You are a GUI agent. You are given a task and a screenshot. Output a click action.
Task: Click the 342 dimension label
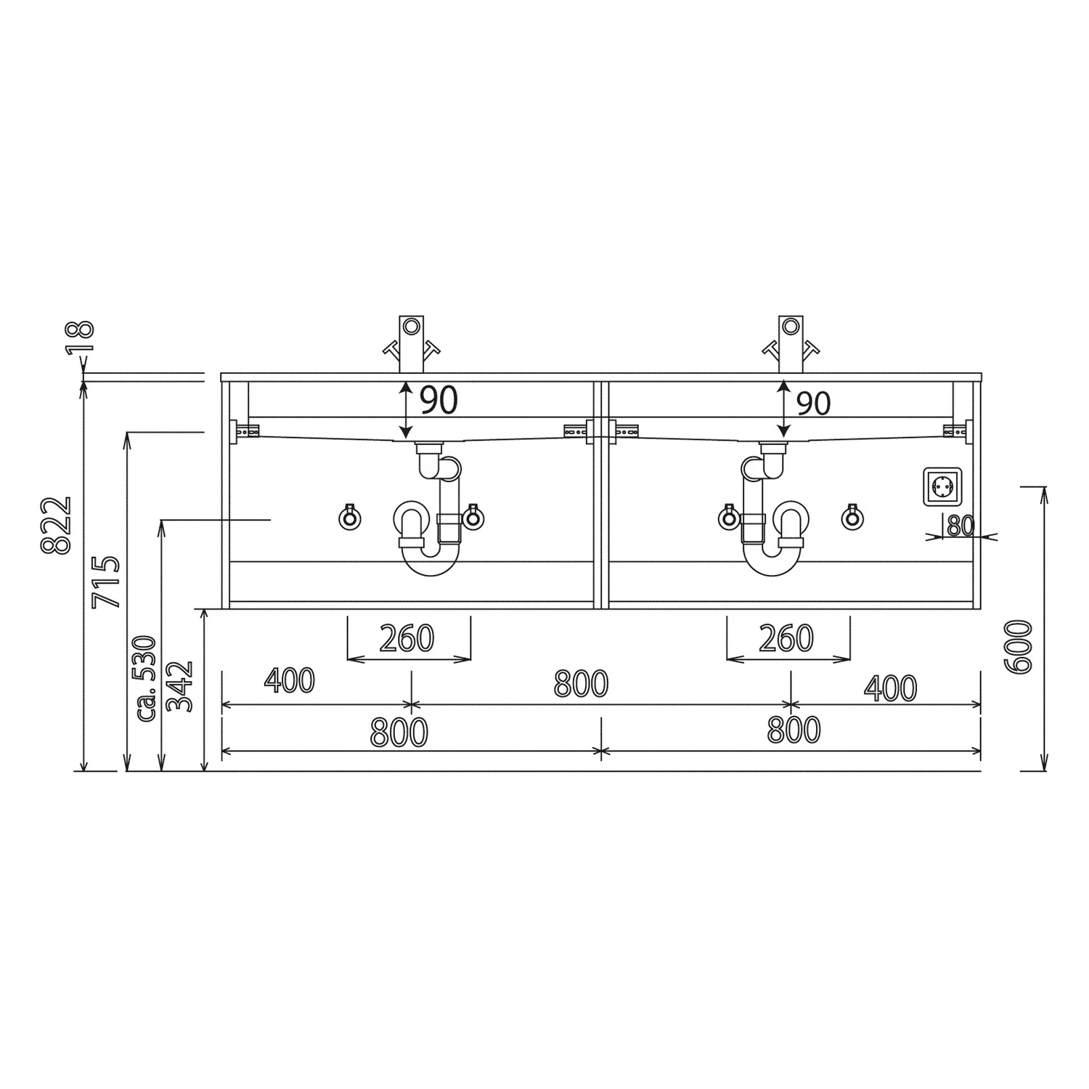click(x=179, y=686)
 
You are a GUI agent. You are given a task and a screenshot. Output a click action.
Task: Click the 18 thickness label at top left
click(x=82, y=337)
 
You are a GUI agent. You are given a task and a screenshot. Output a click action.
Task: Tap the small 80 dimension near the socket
click(x=960, y=526)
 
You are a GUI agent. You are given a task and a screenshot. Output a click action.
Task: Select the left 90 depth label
click(x=439, y=400)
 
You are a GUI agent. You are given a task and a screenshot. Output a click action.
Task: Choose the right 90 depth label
click(x=814, y=403)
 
